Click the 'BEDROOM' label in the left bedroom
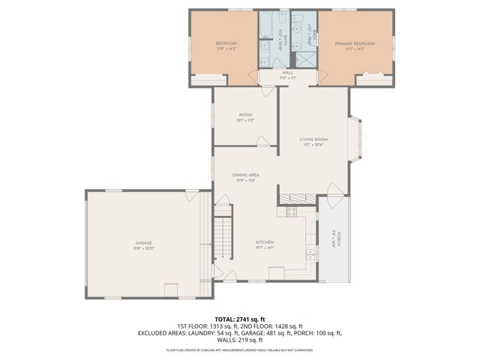[226, 44]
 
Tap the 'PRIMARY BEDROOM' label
[355, 44]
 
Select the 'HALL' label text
[266, 73]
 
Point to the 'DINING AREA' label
[245, 175]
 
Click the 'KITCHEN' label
[265, 242]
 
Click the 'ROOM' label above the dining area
[245, 115]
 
